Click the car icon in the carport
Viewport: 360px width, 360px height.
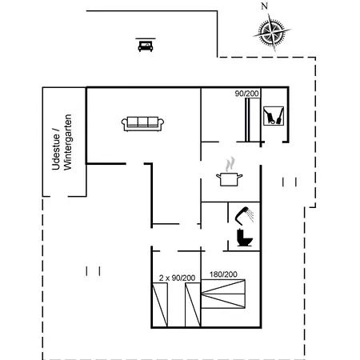(145, 45)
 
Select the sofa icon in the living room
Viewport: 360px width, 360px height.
(144, 122)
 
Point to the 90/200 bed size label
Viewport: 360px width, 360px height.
(246, 94)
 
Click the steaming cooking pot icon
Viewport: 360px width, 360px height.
(230, 178)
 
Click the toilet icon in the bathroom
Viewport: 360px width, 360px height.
(244, 238)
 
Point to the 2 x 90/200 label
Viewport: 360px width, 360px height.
(177, 277)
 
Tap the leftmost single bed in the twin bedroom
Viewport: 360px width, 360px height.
(162, 305)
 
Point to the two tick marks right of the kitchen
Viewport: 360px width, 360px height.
(290, 182)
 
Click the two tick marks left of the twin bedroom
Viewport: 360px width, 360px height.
(94, 270)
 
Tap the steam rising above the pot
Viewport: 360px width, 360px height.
(230, 162)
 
